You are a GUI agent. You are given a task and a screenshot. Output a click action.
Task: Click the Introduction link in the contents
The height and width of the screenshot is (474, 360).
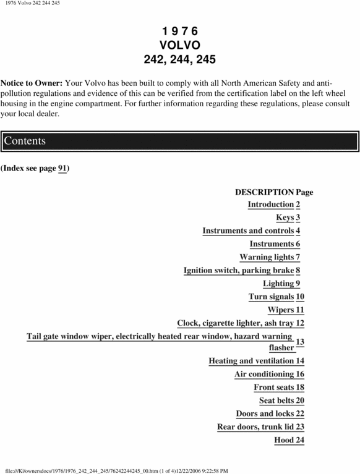270,205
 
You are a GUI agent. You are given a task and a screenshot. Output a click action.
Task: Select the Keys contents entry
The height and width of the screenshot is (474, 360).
285,218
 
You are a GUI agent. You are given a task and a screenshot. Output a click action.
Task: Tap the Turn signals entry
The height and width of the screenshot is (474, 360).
271,297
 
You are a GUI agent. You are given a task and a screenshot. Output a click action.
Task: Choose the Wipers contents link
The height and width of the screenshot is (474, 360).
281,310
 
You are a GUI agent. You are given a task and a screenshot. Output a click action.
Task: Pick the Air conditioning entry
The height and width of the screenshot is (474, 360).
264,374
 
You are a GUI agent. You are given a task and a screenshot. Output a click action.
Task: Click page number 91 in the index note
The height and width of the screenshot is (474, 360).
62,168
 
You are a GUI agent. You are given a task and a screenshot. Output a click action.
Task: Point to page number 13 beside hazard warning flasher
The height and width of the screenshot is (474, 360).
300,342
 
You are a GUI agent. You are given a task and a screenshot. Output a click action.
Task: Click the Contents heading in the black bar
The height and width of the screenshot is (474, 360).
25,141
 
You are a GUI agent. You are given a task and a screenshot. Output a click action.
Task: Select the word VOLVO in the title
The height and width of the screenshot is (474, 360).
179,45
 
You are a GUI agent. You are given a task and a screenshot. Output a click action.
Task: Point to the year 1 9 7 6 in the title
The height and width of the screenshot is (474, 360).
179,31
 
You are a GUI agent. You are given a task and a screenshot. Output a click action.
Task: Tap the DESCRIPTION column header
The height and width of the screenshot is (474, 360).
264,192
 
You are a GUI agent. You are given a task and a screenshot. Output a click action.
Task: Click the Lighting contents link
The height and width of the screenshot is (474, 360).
278,284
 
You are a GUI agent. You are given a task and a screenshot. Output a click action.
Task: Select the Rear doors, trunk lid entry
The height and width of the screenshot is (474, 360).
255,427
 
